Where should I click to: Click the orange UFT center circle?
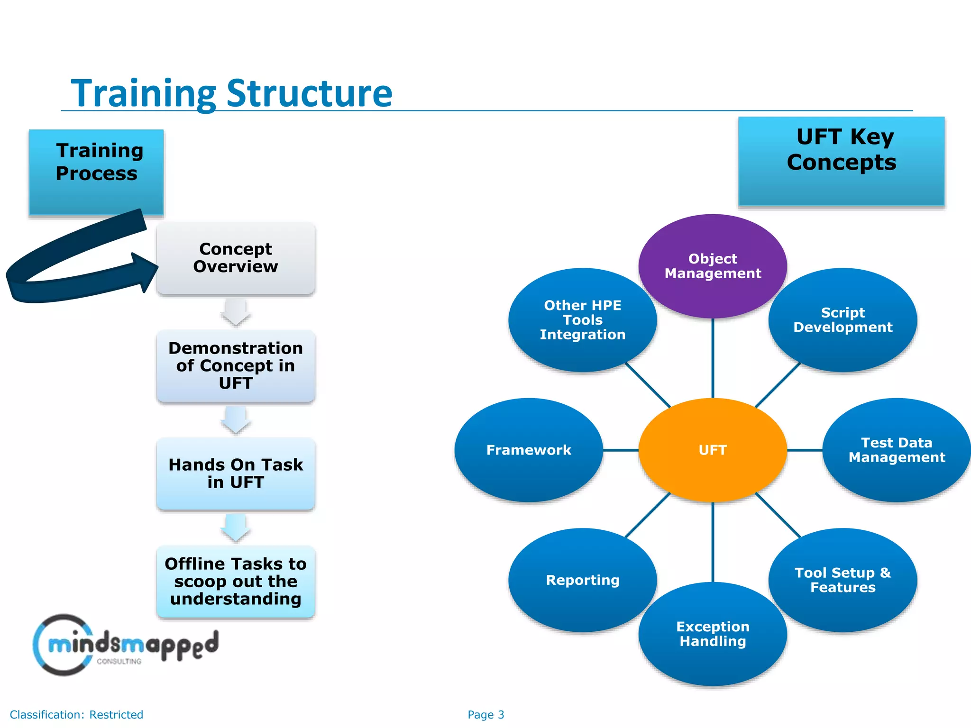[x=713, y=450]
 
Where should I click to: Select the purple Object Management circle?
[x=713, y=266]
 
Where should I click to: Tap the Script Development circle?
[x=843, y=320]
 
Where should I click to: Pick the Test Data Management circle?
[x=896, y=450]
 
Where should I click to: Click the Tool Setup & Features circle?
[x=843, y=580]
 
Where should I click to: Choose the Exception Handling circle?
[x=713, y=634]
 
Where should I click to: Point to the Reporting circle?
[x=582, y=580]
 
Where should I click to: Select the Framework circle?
[x=529, y=450]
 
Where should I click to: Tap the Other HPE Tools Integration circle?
[x=582, y=320]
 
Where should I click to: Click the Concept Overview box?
[x=236, y=258]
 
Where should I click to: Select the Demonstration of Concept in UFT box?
[x=236, y=365]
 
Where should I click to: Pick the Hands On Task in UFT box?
[x=236, y=473]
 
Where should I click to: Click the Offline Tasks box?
[x=236, y=581]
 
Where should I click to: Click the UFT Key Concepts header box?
[x=841, y=161]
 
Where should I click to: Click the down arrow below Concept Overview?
[x=236, y=311]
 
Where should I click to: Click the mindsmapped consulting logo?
[x=126, y=645]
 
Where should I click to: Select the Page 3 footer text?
[x=485, y=715]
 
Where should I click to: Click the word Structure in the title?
[x=309, y=93]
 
